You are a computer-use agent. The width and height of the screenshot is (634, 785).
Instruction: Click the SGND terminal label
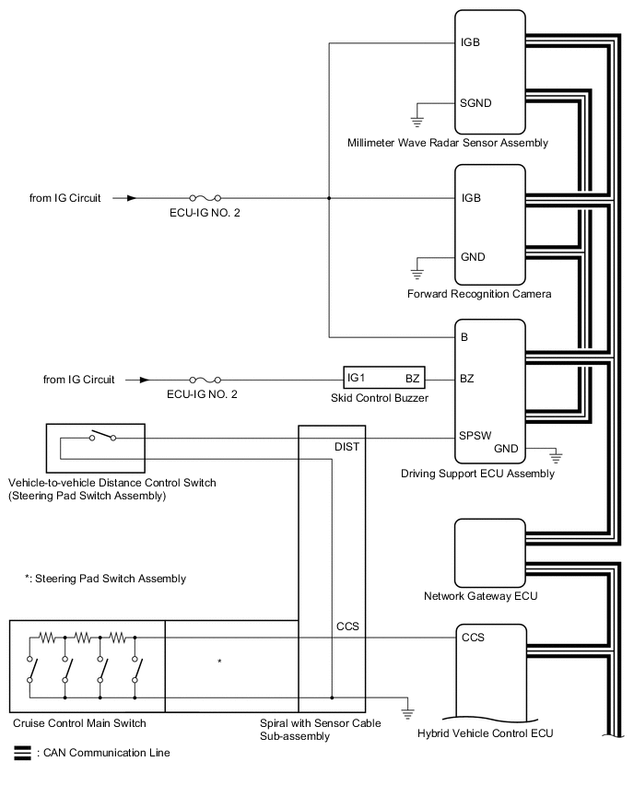click(x=475, y=102)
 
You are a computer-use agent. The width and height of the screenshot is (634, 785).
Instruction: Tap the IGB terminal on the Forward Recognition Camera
click(x=471, y=198)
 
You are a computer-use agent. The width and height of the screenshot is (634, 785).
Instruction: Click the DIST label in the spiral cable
click(x=347, y=446)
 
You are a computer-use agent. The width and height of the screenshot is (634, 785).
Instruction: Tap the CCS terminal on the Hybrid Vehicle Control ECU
click(x=473, y=637)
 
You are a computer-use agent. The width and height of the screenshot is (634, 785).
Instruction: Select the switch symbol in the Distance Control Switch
click(x=102, y=437)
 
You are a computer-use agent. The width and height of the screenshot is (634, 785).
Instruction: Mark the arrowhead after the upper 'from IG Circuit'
click(x=133, y=198)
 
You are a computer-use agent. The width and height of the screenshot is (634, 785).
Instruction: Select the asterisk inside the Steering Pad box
click(x=219, y=662)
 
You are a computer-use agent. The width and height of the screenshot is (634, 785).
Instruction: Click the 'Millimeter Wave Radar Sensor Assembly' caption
click(x=448, y=143)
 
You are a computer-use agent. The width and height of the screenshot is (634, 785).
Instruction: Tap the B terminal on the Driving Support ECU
click(x=465, y=337)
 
